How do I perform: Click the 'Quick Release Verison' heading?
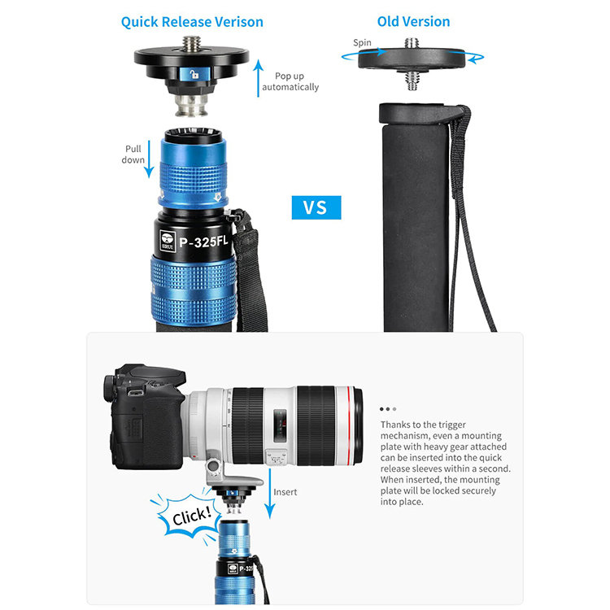click(x=192, y=22)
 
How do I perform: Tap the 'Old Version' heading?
click(x=413, y=22)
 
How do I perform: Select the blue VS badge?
click(x=316, y=207)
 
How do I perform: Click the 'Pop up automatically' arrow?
click(x=258, y=78)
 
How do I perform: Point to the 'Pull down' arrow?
click(x=149, y=159)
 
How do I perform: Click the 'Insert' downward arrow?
click(x=269, y=494)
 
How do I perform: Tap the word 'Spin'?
click(x=362, y=43)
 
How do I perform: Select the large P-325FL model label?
click(x=203, y=242)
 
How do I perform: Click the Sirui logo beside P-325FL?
click(x=168, y=242)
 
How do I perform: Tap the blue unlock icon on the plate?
click(x=194, y=74)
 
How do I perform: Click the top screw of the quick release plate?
click(x=192, y=44)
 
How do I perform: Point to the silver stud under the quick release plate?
click(x=190, y=105)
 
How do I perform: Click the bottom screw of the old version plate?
click(x=412, y=81)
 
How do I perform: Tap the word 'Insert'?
click(x=285, y=492)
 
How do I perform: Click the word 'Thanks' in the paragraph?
click(x=394, y=425)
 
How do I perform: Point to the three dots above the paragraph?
click(x=388, y=409)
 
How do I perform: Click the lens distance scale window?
click(x=280, y=425)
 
